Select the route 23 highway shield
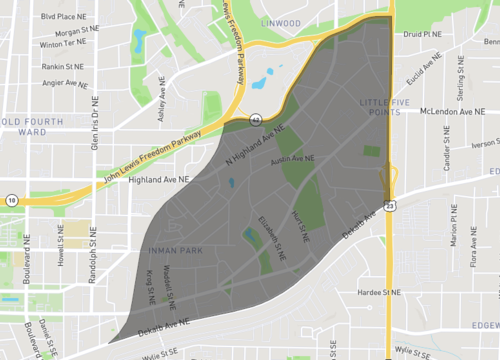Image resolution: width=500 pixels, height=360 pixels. point(388,204)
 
